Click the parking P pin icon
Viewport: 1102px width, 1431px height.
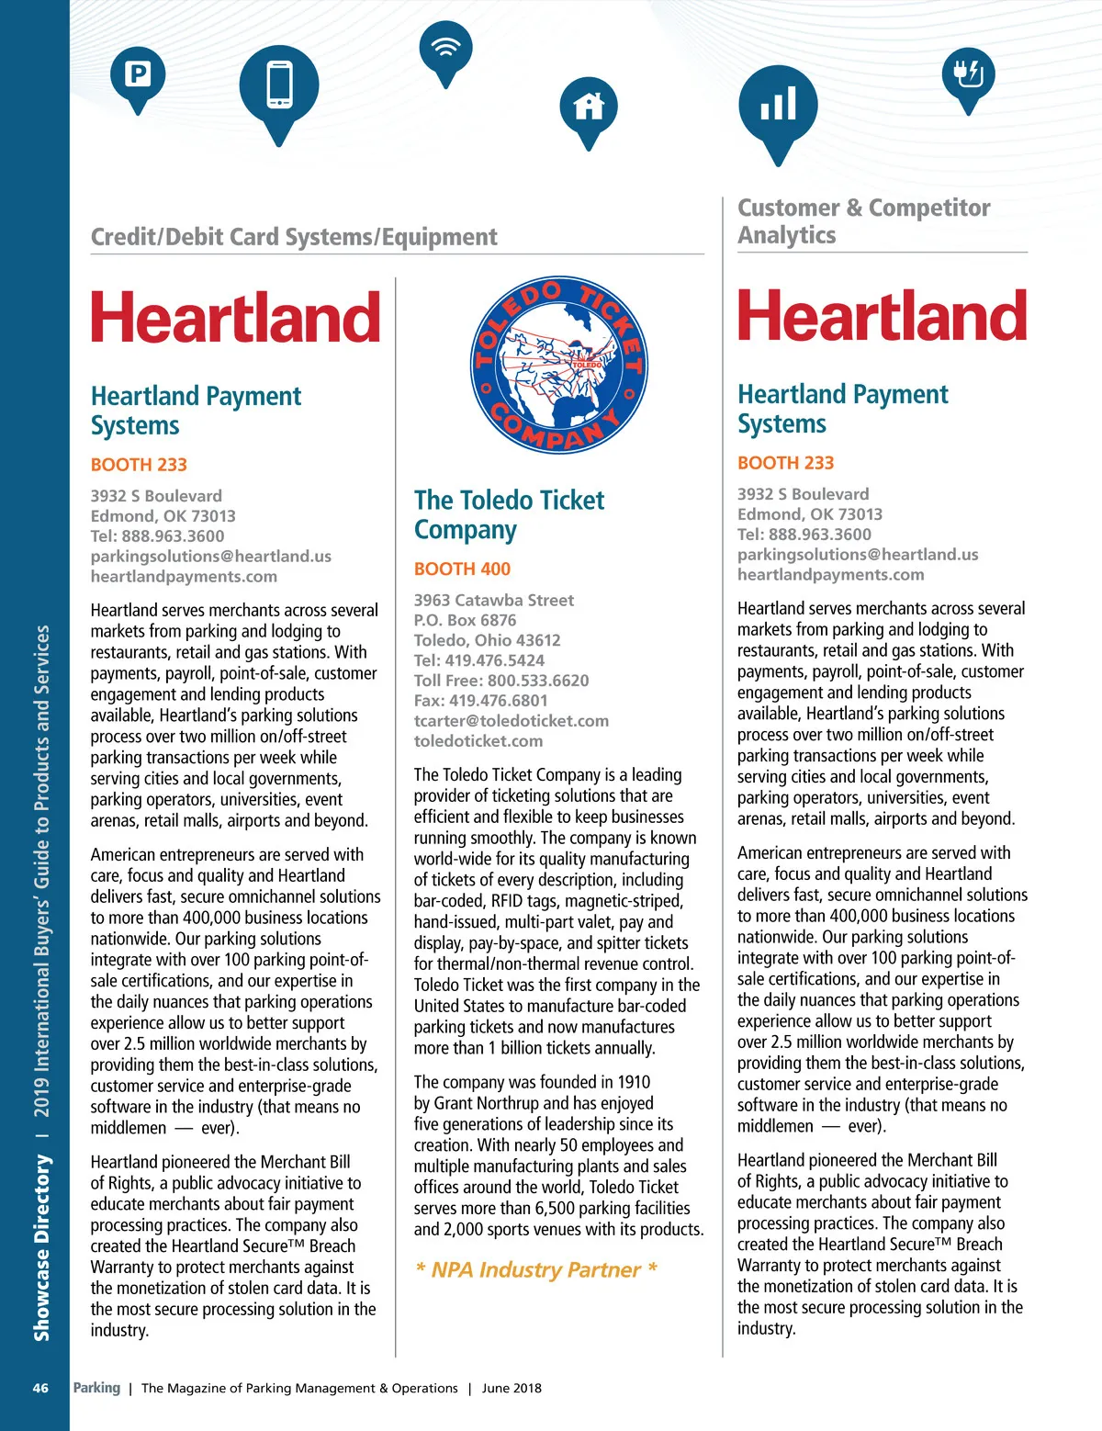coord(138,74)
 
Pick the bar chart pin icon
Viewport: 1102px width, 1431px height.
coord(778,105)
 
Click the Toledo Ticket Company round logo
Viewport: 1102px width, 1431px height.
coord(559,366)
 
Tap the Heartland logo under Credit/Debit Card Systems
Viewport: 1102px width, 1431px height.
coord(235,318)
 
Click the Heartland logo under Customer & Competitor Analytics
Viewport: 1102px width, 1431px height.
coord(882,316)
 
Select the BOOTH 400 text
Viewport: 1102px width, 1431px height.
coord(462,569)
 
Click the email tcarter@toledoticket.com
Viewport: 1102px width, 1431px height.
coord(511,721)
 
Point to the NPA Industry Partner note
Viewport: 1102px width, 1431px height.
coord(536,1269)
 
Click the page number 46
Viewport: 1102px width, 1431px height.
coord(40,1388)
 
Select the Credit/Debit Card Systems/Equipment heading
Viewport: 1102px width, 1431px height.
coord(294,237)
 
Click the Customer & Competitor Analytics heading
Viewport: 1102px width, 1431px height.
coord(863,221)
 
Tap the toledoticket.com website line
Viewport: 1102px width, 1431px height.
coord(478,741)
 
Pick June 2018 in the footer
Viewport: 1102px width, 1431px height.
coord(512,1388)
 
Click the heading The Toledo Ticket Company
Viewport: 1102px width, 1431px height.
coord(509,514)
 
